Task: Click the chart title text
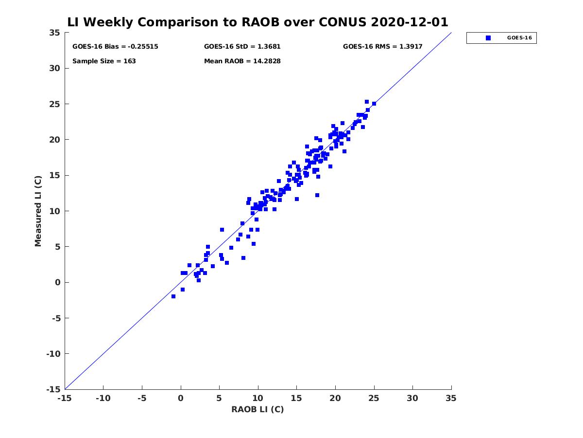click(257, 22)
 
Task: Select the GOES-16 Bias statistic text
click(115, 47)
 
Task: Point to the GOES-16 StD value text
click(242, 47)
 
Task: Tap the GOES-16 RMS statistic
click(382, 47)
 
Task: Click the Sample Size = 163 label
click(104, 61)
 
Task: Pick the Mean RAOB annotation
click(242, 61)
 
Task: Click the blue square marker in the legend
click(488, 38)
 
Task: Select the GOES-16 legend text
click(519, 38)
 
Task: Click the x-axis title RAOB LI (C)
click(257, 409)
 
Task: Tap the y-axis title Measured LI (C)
click(38, 211)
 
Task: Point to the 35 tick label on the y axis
click(55, 33)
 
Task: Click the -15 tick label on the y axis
click(53, 389)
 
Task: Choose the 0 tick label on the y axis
click(58, 282)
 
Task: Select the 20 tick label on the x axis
click(335, 398)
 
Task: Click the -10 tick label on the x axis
click(103, 398)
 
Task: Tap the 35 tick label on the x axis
click(451, 398)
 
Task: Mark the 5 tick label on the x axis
click(219, 398)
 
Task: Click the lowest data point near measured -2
click(173, 296)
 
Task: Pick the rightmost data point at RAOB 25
click(374, 104)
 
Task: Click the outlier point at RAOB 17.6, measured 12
click(317, 195)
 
